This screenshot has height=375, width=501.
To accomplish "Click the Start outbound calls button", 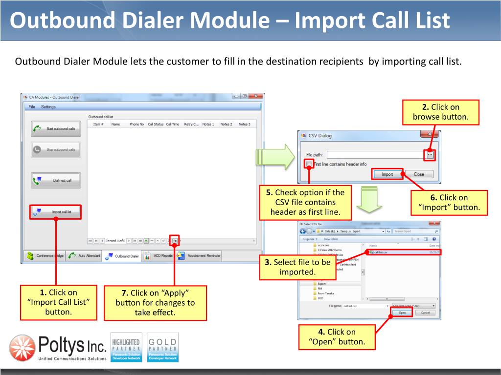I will click(56, 129).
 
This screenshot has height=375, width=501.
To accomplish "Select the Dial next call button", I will click(56, 180).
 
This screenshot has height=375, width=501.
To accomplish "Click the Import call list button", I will click(56, 212).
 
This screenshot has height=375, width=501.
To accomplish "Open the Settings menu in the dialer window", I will click(48, 107).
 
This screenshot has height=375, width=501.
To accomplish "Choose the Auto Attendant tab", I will click(84, 256).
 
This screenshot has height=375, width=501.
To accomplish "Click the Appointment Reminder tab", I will click(199, 256).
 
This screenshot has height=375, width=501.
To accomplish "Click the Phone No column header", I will click(137, 125).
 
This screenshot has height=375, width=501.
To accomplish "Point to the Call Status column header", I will click(156, 125).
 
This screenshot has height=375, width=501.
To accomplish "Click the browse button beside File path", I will click(430, 155).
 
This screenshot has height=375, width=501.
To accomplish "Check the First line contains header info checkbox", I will click(309, 164).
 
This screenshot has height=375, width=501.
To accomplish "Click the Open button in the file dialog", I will click(402, 313).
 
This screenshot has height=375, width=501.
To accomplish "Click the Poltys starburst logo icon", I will click(22, 348).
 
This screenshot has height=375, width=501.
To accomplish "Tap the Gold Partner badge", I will click(163, 347).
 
